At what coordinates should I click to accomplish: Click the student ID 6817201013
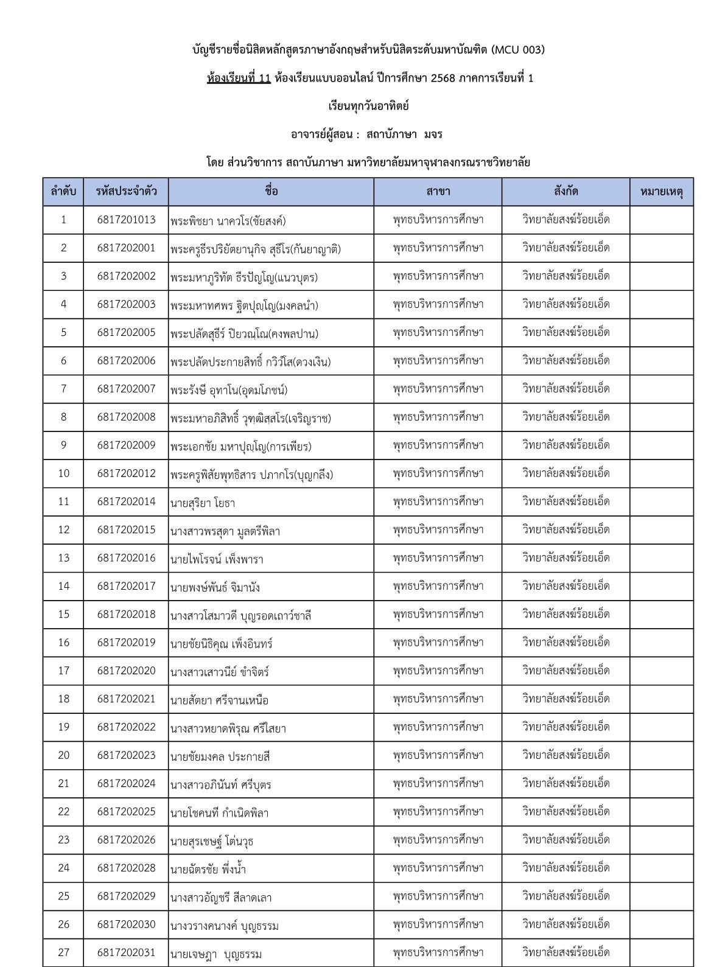126,220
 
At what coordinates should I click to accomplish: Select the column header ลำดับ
63,192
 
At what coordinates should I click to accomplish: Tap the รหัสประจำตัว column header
126,192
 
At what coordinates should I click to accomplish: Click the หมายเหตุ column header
661,192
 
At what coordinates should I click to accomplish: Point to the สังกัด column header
566,192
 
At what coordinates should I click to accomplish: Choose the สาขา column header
438,192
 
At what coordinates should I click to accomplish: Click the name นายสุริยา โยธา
203,503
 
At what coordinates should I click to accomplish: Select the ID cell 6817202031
126,952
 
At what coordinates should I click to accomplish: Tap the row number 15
63,615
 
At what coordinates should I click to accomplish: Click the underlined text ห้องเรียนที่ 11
239,78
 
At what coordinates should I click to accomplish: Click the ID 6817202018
126,615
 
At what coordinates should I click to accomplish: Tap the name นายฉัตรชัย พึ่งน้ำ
208,869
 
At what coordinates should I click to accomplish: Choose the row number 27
63,952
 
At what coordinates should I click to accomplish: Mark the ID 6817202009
126,445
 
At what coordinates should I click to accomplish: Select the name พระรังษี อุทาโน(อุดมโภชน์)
229,390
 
